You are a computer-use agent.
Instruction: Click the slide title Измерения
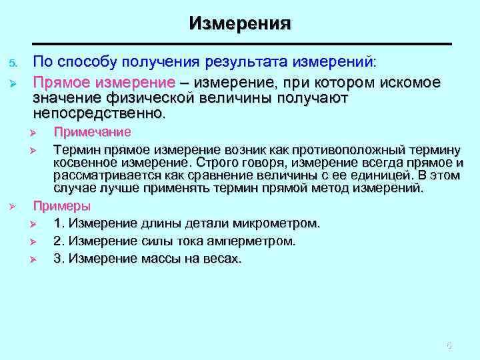[x=240, y=23]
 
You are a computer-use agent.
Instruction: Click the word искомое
[x=409, y=83]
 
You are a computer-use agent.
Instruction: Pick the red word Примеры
[x=62, y=205]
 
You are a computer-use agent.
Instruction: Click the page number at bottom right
[x=449, y=345]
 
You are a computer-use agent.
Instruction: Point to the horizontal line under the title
[x=240, y=44]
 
